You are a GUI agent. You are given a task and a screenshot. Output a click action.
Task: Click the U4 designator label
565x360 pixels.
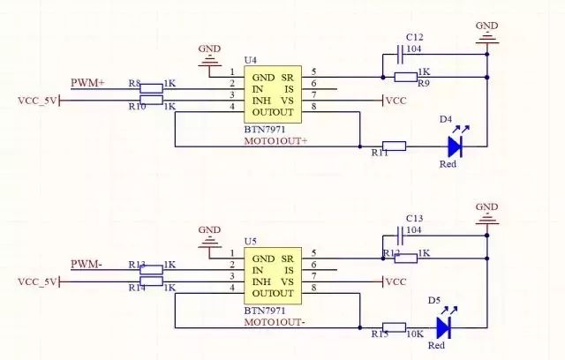coord(251,59)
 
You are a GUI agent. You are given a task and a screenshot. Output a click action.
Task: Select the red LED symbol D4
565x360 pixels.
coord(456,146)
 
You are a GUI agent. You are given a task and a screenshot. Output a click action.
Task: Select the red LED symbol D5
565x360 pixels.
coord(444,327)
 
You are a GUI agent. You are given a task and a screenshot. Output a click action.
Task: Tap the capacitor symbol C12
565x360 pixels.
coord(402,55)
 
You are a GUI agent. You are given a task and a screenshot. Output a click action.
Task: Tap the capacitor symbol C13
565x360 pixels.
coord(402,235)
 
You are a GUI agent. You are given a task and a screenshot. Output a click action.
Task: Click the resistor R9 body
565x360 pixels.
coord(405,77)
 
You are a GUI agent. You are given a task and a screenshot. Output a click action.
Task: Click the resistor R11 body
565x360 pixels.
coord(394,146)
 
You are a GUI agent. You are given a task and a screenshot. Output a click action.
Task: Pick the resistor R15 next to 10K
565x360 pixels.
coord(394,327)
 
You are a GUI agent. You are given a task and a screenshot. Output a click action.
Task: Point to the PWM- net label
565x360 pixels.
coord(87,264)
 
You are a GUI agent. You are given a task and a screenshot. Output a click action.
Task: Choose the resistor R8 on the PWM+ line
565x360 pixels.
coord(152,87)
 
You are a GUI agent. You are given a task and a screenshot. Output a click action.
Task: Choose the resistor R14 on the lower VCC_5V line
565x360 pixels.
coord(152,281)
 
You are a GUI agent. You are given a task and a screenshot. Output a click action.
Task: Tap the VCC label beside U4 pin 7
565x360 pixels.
coord(396,101)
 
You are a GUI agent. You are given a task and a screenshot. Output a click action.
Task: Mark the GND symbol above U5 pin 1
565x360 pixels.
coord(209,236)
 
